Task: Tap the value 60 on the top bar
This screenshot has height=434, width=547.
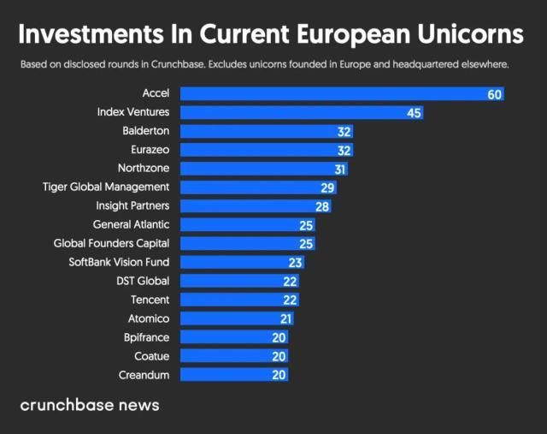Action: pyautogui.click(x=495, y=94)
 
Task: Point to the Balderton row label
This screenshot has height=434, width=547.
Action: pyautogui.click(x=146, y=131)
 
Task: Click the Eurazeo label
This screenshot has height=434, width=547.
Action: pyautogui.click(x=150, y=150)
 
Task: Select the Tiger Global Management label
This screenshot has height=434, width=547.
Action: pyautogui.click(x=106, y=187)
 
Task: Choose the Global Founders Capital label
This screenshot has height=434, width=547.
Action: pyautogui.click(x=111, y=243)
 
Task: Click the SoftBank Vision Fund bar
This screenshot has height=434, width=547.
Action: pyautogui.click(x=240, y=262)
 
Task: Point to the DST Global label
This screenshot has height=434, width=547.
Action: pyautogui.click(x=143, y=281)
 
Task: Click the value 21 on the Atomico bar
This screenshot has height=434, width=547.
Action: pyautogui.click(x=285, y=318)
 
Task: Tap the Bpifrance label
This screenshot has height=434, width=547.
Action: pyautogui.click(x=146, y=337)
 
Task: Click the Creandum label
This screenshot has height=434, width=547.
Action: pyautogui.click(x=145, y=375)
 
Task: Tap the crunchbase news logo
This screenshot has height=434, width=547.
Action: pyautogui.click(x=90, y=405)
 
